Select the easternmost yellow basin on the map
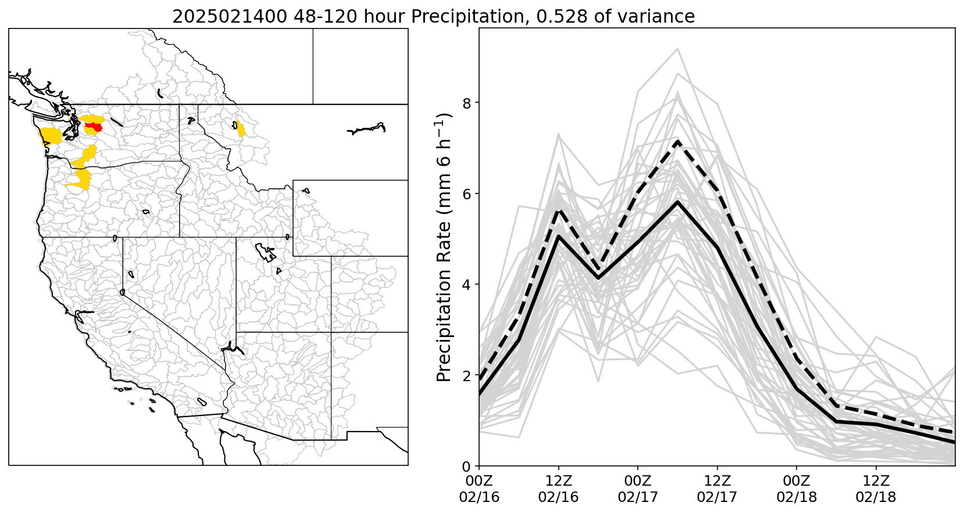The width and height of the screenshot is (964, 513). click(x=240, y=128)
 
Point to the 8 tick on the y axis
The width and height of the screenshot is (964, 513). click(x=466, y=103)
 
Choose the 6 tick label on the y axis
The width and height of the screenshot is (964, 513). click(x=466, y=194)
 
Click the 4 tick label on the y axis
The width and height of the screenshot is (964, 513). click(x=466, y=285)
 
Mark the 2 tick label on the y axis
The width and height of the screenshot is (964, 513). click(x=466, y=376)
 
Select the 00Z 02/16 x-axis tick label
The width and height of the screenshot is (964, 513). click(x=479, y=489)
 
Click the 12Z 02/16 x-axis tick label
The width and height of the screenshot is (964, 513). click(x=559, y=489)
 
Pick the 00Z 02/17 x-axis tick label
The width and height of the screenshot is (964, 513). click(x=638, y=489)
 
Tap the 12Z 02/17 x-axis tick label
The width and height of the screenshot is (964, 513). click(x=717, y=489)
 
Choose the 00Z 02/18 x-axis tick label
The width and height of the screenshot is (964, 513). click(x=797, y=489)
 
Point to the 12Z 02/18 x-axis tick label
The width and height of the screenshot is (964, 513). click(x=876, y=489)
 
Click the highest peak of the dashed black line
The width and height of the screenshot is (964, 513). click(x=677, y=141)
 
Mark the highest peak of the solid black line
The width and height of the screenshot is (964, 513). click(x=677, y=202)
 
